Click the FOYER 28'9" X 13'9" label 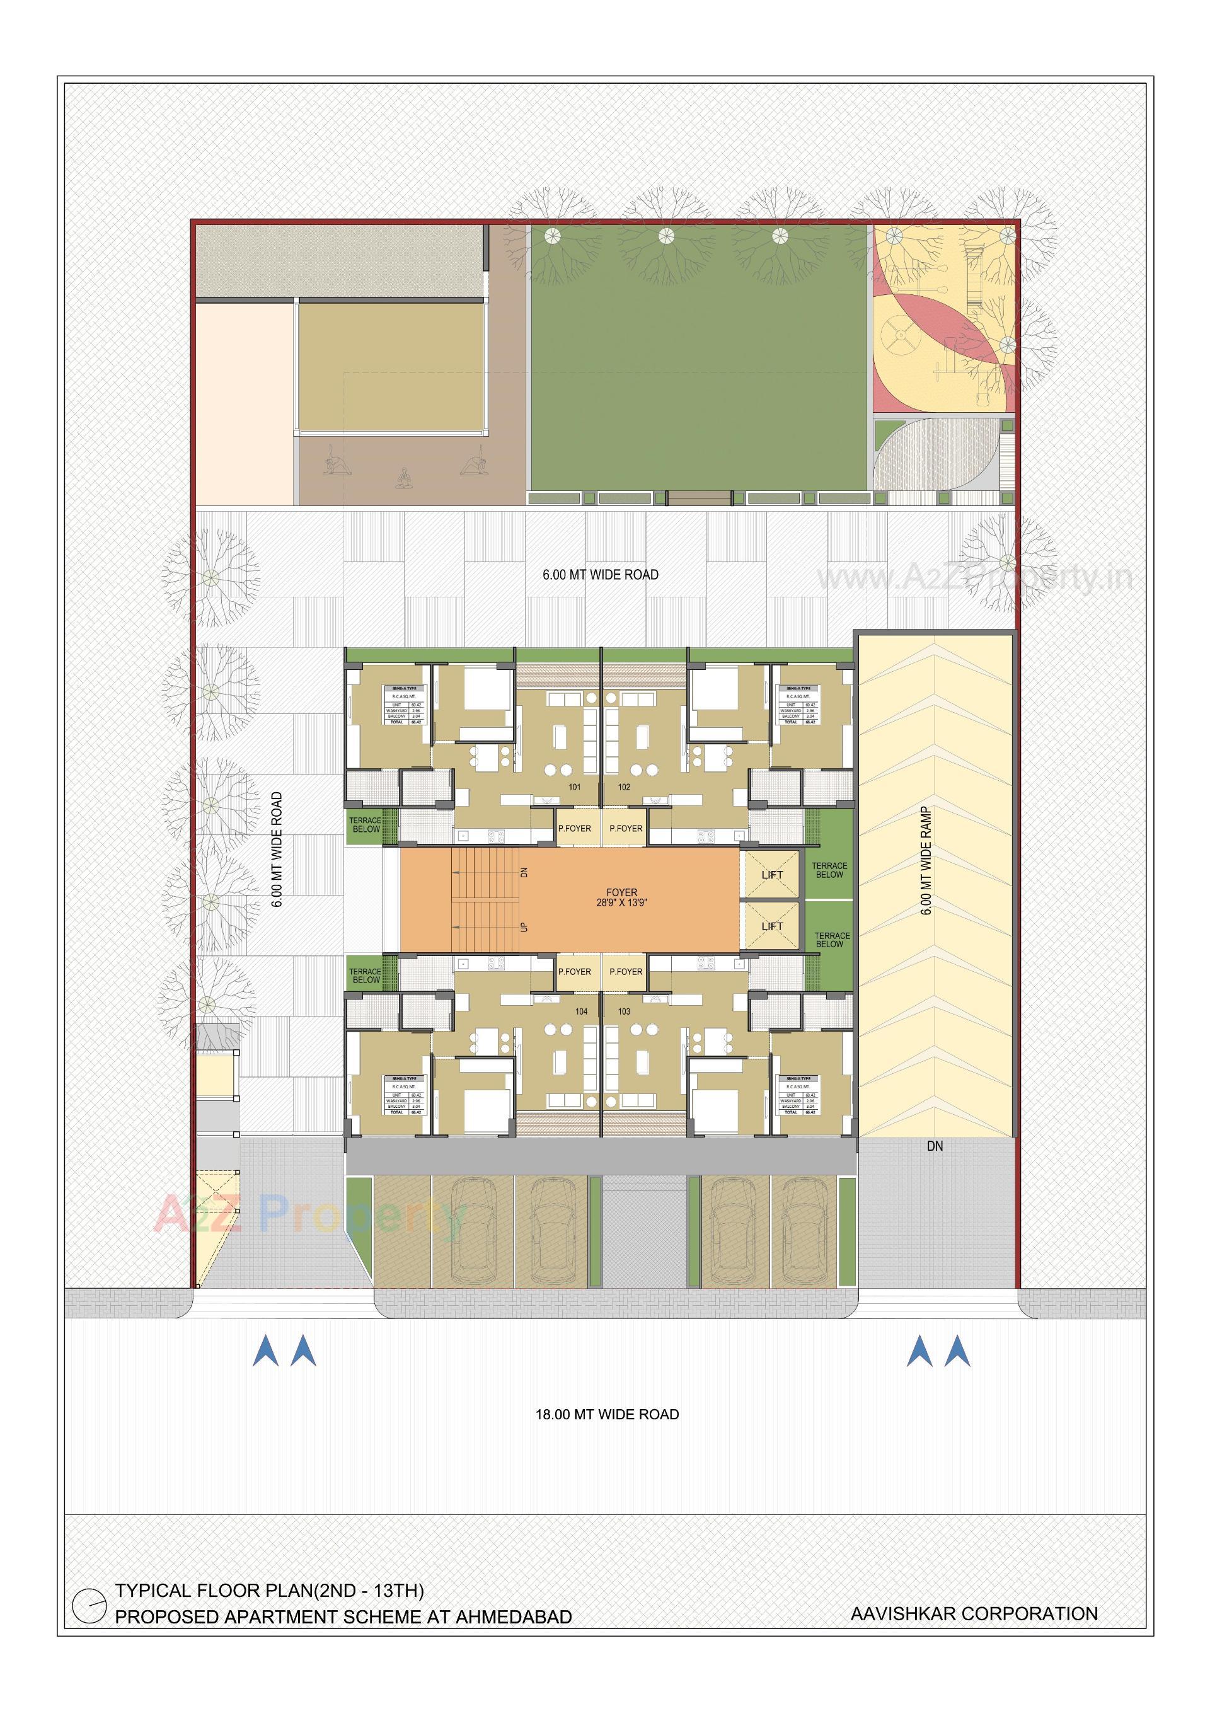coord(621,897)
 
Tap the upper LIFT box coord(772,875)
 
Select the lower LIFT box coord(772,926)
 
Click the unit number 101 coord(575,787)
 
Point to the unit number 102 coord(625,787)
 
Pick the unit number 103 coord(625,1011)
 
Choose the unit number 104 coord(581,1011)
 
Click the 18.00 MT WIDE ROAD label coord(608,1414)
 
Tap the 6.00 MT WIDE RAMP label coord(928,861)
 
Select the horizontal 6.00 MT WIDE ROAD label coord(601,575)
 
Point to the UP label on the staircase coord(524,928)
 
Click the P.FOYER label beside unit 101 coord(575,829)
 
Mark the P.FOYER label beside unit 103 coord(626,972)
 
